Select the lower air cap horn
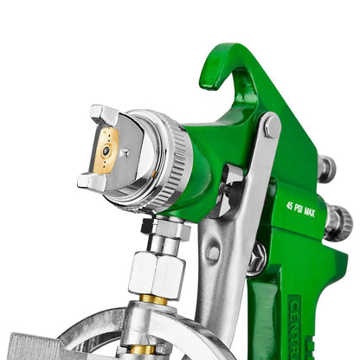[x=93, y=182]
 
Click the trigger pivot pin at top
[x=273, y=128]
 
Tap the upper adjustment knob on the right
[x=326, y=168]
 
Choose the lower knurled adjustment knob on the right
[x=337, y=222]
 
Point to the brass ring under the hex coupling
[x=155, y=299]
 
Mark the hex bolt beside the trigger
[x=257, y=257]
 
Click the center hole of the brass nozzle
[x=106, y=151]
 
